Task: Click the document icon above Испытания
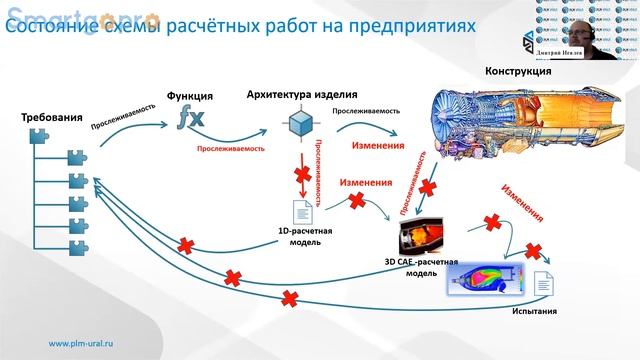click(546, 285)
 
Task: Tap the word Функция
click(191, 97)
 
